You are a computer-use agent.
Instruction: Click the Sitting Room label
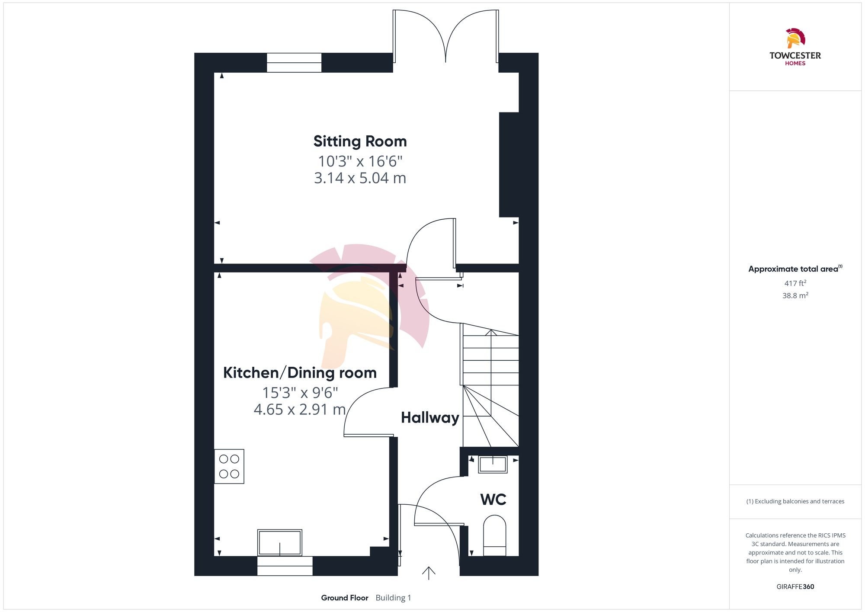(x=360, y=141)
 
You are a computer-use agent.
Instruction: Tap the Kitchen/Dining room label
(x=300, y=373)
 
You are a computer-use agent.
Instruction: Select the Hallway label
(x=430, y=418)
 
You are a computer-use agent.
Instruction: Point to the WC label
(x=493, y=500)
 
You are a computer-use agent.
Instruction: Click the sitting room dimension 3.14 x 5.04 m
(x=360, y=178)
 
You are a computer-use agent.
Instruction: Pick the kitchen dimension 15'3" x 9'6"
(x=300, y=393)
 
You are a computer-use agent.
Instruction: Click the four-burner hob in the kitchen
(x=229, y=466)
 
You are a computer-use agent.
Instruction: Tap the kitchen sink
(x=280, y=542)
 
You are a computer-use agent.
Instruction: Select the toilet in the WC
(x=494, y=535)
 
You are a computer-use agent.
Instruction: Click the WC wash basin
(x=493, y=465)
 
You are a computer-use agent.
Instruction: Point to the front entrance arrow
(x=429, y=573)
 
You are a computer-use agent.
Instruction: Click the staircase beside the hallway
(x=490, y=385)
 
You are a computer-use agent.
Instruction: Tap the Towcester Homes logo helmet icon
(x=795, y=38)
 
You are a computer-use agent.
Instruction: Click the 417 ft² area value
(x=795, y=283)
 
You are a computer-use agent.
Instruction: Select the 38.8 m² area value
(x=795, y=295)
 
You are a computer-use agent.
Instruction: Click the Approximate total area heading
(x=795, y=269)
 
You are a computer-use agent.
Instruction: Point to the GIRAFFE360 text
(x=795, y=587)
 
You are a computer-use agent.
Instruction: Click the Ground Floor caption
(x=345, y=598)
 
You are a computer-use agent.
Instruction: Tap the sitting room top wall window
(x=294, y=63)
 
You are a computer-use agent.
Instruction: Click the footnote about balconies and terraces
(x=795, y=501)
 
